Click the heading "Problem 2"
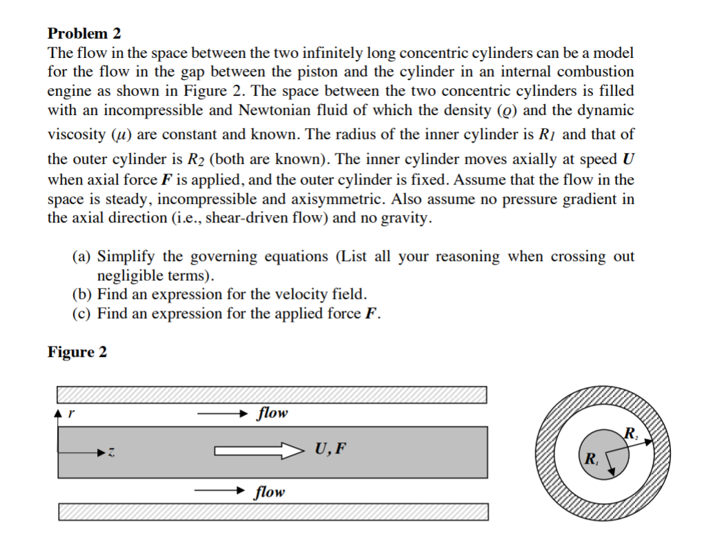[x=78, y=33]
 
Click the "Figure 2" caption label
[x=77, y=352]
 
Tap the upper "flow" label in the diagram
[x=272, y=413]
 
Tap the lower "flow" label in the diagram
[x=269, y=492]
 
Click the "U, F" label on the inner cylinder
[x=330, y=451]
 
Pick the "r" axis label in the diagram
[x=72, y=415]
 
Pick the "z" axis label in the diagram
[x=110, y=453]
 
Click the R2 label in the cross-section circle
[x=630, y=433]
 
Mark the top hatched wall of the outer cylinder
[x=272, y=395]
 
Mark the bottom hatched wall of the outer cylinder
[x=273, y=512]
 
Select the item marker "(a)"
[x=83, y=257]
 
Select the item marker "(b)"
[x=83, y=295]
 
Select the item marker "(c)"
[x=83, y=314]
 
